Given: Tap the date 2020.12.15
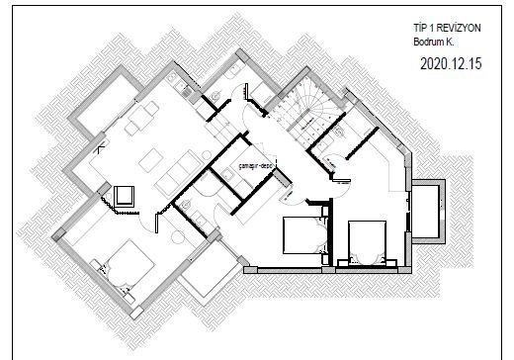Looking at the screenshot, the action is (x=451, y=63).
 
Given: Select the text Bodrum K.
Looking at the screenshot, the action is (x=434, y=43).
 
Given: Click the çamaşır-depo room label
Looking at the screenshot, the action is (x=256, y=166).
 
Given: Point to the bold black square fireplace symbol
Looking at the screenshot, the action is (x=124, y=196).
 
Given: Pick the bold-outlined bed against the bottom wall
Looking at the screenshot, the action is (x=368, y=242).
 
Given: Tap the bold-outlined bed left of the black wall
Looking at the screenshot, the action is (x=304, y=234).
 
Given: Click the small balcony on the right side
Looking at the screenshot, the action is (x=428, y=212).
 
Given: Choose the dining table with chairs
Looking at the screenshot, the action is (x=142, y=118).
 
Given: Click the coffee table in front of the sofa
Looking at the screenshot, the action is (x=150, y=160).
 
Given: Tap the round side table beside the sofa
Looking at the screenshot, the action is (x=207, y=155).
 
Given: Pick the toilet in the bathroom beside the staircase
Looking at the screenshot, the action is (x=338, y=132).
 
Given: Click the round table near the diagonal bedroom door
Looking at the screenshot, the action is (x=178, y=237).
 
